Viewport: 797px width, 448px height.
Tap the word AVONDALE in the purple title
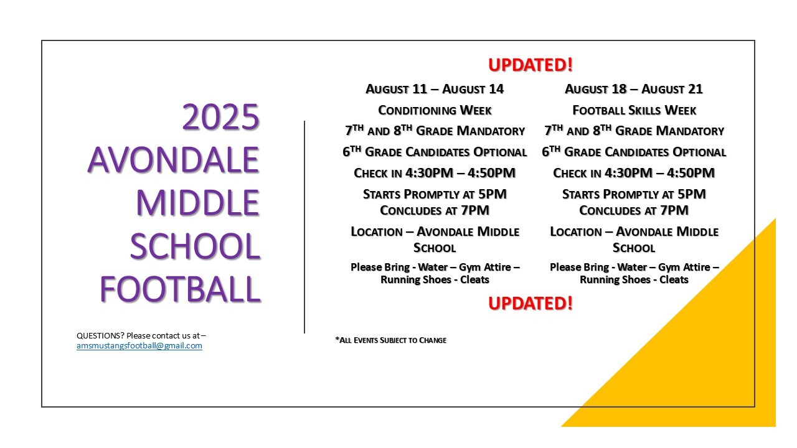(x=173, y=160)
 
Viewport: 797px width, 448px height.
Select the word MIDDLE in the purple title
(x=198, y=203)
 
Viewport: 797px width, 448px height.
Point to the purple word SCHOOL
(x=195, y=246)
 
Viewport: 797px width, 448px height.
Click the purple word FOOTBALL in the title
(x=181, y=289)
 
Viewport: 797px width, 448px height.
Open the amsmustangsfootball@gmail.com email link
(x=139, y=345)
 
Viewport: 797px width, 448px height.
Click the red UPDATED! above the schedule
(x=531, y=65)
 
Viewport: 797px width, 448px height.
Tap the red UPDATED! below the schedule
(x=531, y=303)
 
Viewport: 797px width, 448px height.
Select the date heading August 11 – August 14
(x=435, y=89)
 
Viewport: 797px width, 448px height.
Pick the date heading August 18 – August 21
(x=634, y=89)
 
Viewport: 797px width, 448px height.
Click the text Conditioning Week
(x=435, y=110)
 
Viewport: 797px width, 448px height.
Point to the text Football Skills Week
(x=634, y=110)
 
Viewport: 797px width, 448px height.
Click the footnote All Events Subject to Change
(x=390, y=340)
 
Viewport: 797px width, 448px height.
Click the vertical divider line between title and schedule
(x=304, y=227)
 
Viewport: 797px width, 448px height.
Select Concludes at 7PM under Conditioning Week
(x=435, y=210)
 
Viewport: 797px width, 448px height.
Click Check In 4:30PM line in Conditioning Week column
(x=435, y=173)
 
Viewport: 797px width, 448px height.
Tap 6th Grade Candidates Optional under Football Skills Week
(x=634, y=152)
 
